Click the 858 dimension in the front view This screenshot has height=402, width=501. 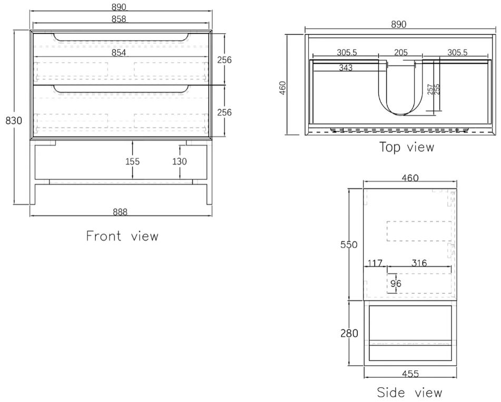(x=120, y=19)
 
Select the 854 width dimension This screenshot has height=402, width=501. (x=120, y=53)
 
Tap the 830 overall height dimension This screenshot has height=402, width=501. (x=14, y=120)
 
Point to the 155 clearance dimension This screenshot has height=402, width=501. (x=133, y=161)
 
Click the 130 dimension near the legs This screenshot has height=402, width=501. (x=179, y=161)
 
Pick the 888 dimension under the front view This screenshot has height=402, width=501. (x=120, y=212)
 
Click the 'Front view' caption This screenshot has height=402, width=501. (x=122, y=236)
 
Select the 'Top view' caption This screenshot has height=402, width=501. (x=407, y=147)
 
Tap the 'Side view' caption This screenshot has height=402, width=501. (x=410, y=393)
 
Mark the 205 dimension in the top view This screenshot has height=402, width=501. (x=401, y=52)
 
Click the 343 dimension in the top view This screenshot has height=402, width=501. (x=346, y=68)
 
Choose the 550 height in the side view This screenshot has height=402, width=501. (x=349, y=245)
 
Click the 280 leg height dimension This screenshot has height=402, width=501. (x=349, y=333)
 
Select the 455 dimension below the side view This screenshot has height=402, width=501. (x=410, y=374)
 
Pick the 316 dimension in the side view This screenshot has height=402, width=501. (x=419, y=263)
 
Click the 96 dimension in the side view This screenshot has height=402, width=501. (x=395, y=283)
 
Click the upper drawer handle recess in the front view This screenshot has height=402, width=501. (x=121, y=37)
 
